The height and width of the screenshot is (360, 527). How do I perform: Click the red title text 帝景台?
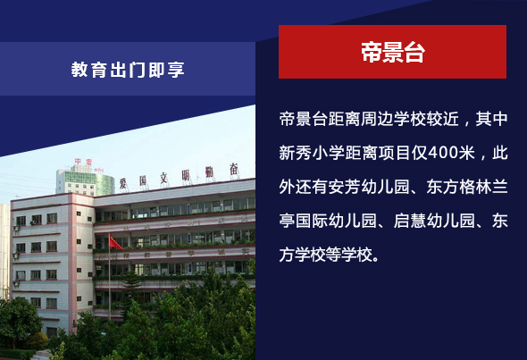(x=392, y=52)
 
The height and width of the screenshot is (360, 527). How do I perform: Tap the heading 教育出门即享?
(x=128, y=70)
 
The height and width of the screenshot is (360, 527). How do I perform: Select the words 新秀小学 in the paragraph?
(x=312, y=153)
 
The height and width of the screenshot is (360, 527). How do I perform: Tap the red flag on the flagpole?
(x=116, y=243)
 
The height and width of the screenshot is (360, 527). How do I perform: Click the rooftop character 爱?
(x=123, y=183)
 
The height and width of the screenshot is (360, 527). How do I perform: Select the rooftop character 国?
(x=144, y=180)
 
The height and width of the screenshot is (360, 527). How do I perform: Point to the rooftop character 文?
(x=163, y=178)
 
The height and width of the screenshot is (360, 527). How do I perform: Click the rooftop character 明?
(x=186, y=175)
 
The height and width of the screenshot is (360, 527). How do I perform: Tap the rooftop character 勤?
(x=209, y=172)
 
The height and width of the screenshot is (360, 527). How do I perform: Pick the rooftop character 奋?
(x=234, y=169)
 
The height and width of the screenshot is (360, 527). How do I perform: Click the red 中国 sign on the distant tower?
(x=83, y=162)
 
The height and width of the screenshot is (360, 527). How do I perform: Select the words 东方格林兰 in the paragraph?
(x=467, y=187)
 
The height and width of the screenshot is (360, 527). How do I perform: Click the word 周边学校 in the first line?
(x=394, y=119)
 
